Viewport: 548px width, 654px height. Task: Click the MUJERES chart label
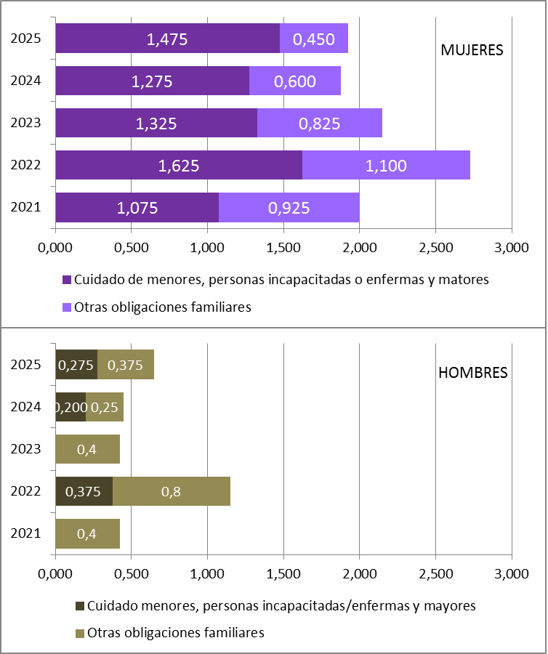472,51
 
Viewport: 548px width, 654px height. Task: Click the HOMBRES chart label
472,373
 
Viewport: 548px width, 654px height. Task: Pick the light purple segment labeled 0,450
314,39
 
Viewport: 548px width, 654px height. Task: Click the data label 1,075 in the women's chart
137,208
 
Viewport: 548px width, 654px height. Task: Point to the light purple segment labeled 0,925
289,208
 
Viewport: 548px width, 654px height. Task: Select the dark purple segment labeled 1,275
152,81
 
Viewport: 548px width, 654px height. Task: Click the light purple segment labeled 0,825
319,124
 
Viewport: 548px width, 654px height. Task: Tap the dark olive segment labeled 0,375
84,491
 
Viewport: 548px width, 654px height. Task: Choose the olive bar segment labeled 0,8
172,491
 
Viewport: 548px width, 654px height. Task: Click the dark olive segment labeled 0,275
76,365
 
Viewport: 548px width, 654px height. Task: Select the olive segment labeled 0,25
105,407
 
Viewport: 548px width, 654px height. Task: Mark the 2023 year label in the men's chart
25,449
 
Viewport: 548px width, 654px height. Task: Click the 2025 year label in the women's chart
25,39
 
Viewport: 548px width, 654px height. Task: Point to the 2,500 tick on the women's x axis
435,248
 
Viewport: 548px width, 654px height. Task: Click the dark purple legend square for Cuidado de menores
68,280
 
